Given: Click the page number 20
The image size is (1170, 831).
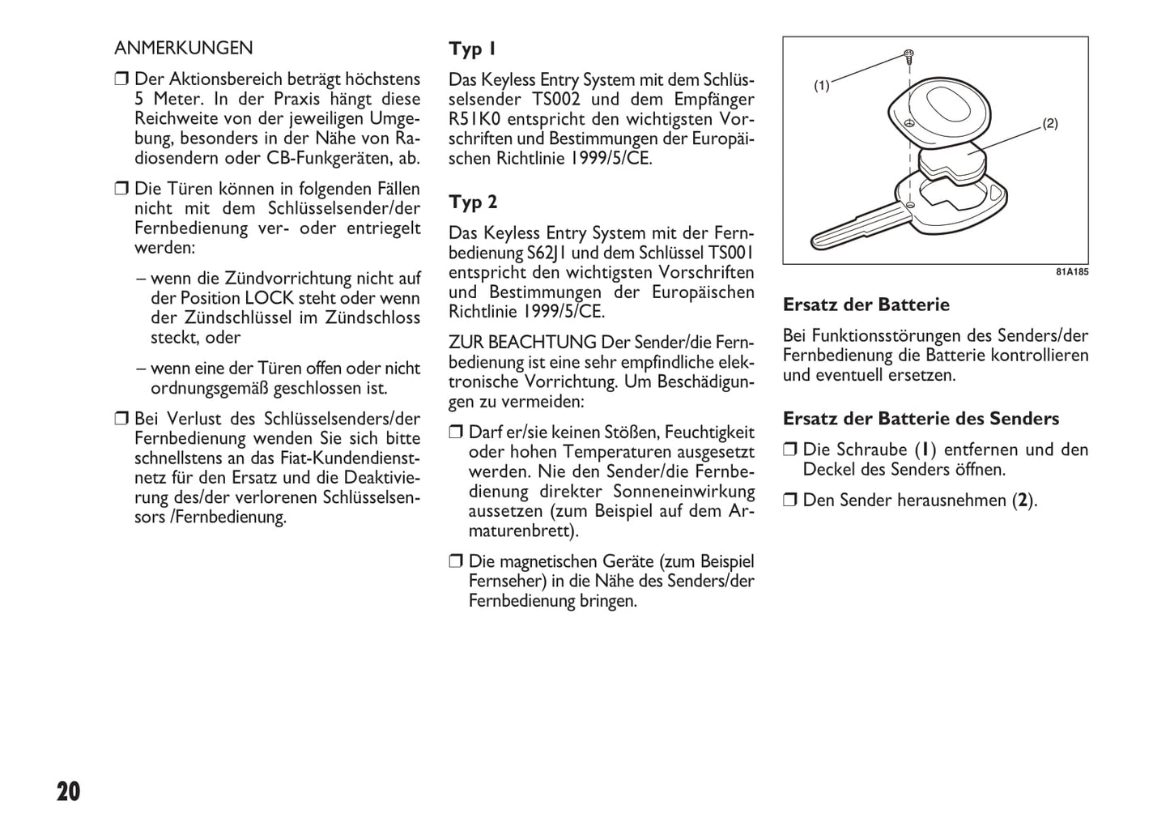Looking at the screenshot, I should point(69,791).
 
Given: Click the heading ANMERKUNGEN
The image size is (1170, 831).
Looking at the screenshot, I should point(184,49).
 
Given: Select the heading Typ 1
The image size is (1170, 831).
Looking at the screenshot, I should point(473,49).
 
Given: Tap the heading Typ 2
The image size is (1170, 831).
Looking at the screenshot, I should point(474,202).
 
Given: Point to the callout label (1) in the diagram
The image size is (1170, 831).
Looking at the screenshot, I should point(822,85).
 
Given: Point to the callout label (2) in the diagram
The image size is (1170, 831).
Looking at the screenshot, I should point(1049,124).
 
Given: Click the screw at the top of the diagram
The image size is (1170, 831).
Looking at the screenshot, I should point(909,57).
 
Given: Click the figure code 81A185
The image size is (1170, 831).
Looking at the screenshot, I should point(1071,272).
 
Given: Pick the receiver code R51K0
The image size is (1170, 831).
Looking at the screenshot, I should point(475,120).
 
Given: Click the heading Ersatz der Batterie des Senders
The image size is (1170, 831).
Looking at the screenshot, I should point(921,419).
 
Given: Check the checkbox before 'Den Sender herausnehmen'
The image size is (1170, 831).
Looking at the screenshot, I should point(790,501).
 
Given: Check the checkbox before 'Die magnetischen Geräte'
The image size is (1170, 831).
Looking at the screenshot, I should point(456,561).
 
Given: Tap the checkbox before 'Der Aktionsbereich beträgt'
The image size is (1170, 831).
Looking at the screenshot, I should point(121,79).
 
